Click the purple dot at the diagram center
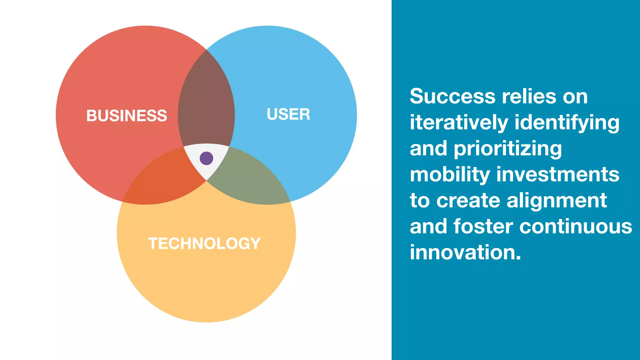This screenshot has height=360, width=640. pyautogui.click(x=206, y=158)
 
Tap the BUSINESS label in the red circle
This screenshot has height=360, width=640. pyautogui.click(x=127, y=116)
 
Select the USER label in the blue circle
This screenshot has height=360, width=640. pyautogui.click(x=288, y=114)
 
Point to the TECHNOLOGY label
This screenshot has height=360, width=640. pyautogui.click(x=204, y=243)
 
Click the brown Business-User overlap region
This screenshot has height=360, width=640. pyautogui.click(x=206, y=103)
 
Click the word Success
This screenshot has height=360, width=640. pyautogui.click(x=452, y=96)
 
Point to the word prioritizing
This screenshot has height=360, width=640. pyautogui.click(x=507, y=148)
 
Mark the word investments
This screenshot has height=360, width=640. pyautogui.click(x=557, y=174)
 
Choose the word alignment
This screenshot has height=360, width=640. pyautogui.click(x=557, y=200)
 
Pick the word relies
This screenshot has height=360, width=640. pyautogui.click(x=529, y=96)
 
